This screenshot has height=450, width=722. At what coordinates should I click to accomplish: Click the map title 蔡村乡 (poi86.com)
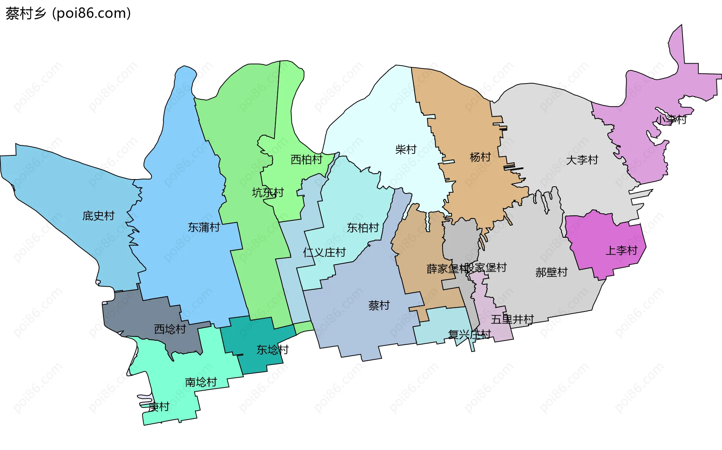(68, 13)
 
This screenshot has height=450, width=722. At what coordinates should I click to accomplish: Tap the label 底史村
(99, 216)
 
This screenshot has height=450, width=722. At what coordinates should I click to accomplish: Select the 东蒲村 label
(204, 227)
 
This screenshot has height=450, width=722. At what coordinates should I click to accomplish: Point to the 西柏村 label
(306, 160)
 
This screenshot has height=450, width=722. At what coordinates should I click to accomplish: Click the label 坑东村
(268, 193)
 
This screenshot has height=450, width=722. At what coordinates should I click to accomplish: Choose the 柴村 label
(406, 149)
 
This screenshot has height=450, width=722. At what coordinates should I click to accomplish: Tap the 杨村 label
(480, 157)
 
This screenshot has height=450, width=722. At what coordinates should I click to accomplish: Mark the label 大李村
(582, 160)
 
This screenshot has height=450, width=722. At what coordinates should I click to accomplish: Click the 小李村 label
(671, 120)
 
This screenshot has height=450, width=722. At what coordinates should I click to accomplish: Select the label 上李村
(622, 250)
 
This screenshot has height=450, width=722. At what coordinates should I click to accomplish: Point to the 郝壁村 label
(551, 272)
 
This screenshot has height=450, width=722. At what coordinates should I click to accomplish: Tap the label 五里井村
(512, 319)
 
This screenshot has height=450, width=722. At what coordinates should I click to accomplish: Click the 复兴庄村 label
(469, 334)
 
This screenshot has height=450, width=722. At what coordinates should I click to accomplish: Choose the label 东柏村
(363, 228)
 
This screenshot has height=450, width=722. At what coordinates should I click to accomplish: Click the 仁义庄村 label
(324, 252)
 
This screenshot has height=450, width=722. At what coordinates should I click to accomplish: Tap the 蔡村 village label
(379, 305)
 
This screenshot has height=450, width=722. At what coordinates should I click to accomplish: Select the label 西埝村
(170, 329)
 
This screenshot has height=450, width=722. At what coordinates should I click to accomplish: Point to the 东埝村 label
(272, 350)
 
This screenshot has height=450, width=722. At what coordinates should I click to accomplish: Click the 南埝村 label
(201, 382)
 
